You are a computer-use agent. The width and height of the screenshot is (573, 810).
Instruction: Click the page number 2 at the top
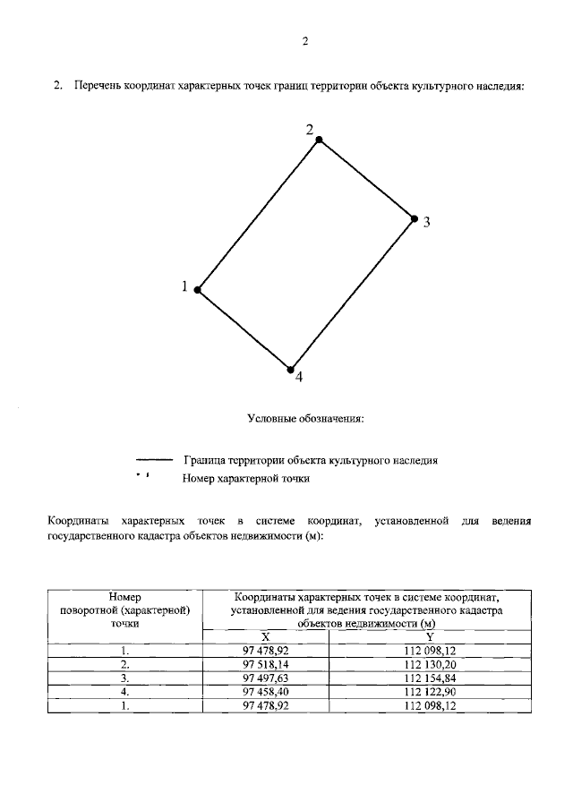pos(305,41)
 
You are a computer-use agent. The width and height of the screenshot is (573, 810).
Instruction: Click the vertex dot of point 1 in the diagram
pos(197,290)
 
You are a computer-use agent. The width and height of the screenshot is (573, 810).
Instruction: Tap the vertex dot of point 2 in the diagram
pos(318,141)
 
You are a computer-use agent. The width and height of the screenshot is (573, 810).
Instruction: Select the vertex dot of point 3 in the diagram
pos(414,218)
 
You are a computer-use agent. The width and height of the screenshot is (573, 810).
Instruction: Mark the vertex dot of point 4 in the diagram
pos(290,369)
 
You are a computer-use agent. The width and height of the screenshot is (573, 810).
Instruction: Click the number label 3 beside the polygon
pos(427,223)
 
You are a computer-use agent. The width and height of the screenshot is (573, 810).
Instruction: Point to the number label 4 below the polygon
pos(299,378)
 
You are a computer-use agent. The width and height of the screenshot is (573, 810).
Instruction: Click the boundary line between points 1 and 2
pos(257,216)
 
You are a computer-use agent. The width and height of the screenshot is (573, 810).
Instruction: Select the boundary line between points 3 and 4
pos(352,294)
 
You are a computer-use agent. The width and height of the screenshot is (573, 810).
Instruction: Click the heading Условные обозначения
pos(305,418)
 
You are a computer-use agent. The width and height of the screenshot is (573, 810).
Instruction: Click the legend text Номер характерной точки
pos(246,479)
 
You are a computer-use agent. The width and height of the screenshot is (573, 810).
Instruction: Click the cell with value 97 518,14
pos(266,665)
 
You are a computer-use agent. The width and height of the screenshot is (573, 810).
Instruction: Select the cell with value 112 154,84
pos(430,678)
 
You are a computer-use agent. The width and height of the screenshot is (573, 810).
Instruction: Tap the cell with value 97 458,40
pos(266,692)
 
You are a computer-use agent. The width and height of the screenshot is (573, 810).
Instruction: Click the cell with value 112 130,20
pos(430,665)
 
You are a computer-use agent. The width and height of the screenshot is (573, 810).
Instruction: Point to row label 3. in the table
pos(126,678)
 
